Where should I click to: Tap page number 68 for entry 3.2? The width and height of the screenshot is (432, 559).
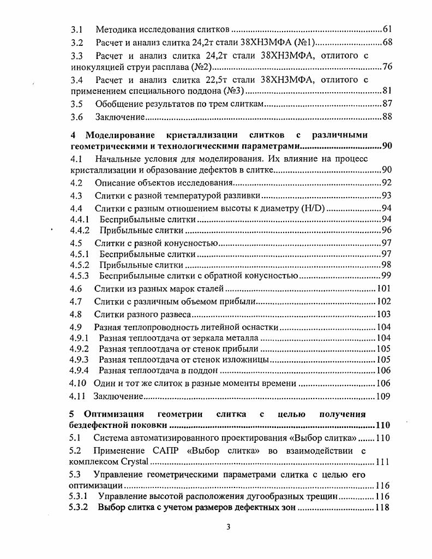pyautogui.click(x=387, y=42)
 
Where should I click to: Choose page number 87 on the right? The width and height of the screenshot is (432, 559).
pyautogui.click(x=387, y=104)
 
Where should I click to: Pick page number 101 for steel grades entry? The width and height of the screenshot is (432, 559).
pyautogui.click(x=384, y=288)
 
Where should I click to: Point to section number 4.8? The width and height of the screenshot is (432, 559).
pyautogui.click(x=76, y=314)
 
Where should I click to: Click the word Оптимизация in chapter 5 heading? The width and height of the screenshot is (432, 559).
pyautogui.click(x=115, y=414)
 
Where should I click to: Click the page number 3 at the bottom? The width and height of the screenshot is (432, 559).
pyautogui.click(x=229, y=527)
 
